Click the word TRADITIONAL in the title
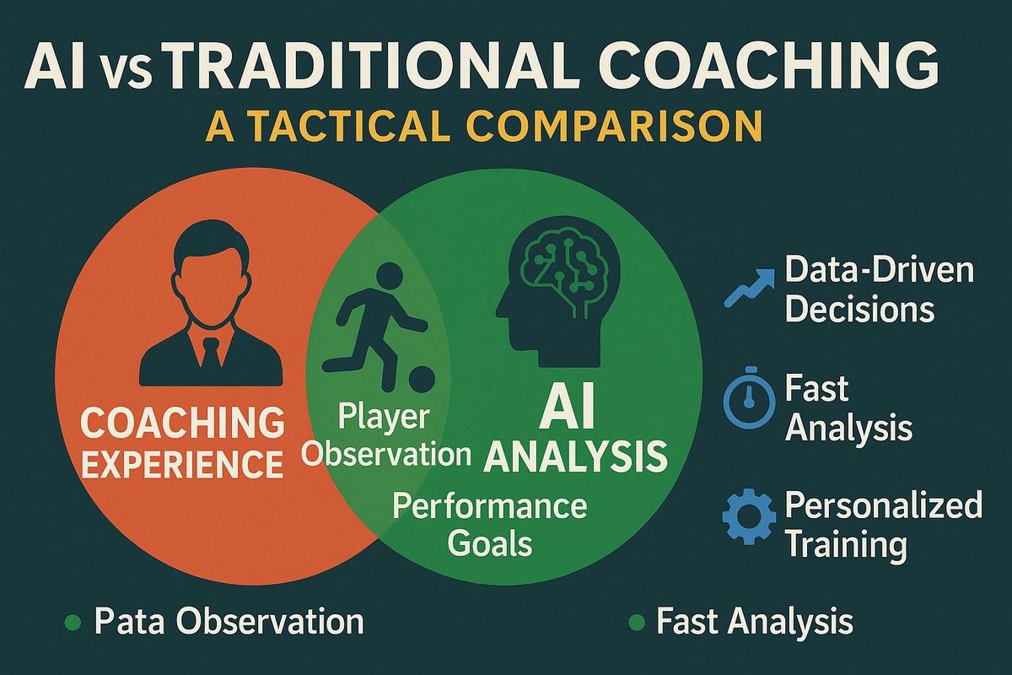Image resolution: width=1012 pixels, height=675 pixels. (x=376, y=65)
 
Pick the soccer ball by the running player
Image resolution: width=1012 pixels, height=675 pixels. (x=422, y=379)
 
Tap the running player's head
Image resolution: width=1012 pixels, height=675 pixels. (x=390, y=275)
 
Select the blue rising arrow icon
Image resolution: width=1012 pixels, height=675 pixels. (x=749, y=288)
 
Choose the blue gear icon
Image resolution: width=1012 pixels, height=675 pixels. (x=749, y=516)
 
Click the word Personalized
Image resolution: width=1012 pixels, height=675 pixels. (x=884, y=506)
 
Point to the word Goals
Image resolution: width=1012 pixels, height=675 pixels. (x=490, y=543)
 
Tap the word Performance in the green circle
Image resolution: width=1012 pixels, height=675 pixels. (x=490, y=505)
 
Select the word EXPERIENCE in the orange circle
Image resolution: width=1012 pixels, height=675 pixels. (x=182, y=464)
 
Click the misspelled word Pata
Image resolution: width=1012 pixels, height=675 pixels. (x=130, y=621)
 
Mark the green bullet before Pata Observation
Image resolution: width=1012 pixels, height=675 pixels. (x=73, y=623)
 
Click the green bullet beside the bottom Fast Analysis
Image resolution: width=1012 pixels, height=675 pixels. (x=637, y=623)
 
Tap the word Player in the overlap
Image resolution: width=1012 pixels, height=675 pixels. (x=384, y=418)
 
